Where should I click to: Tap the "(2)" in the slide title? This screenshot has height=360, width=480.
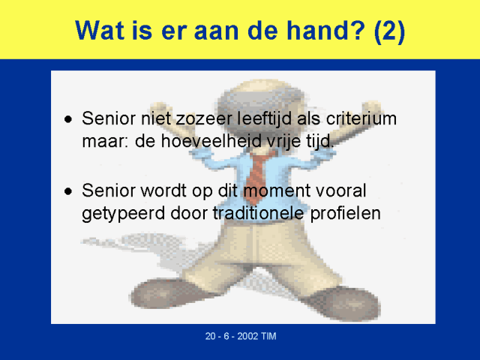(389, 31)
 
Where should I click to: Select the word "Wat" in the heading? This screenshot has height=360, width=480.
(100, 30)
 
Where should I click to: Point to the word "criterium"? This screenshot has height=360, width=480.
(361, 118)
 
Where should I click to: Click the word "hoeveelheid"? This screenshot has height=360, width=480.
(211, 141)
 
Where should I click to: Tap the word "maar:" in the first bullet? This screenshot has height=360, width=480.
(105, 142)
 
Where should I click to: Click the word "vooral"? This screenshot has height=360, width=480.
(340, 190)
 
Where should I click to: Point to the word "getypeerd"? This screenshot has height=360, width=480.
(123, 214)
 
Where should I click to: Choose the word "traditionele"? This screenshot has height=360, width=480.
(258, 213)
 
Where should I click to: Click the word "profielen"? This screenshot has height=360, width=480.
(345, 214)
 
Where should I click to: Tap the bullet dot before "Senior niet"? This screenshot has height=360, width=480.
(68, 119)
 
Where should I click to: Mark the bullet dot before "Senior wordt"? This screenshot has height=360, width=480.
(68, 191)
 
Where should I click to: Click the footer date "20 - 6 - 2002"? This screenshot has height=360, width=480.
(232, 336)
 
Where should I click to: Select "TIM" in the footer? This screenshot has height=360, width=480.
(268, 336)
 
